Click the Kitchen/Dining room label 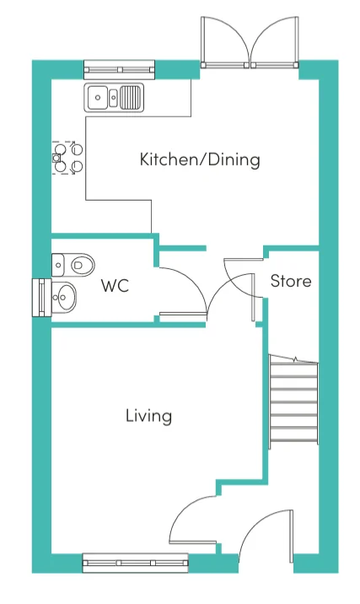(200, 159)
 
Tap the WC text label (115, 286)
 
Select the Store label (291, 281)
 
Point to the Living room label (148, 416)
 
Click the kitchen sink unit (114, 98)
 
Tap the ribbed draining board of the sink (130, 97)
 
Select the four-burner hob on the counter (67, 158)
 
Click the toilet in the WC (73, 265)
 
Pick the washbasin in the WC (64, 297)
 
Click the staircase (293, 402)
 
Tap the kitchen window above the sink (120, 70)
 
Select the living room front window (136, 563)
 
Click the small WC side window (41, 298)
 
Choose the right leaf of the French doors (275, 42)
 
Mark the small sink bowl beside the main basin (113, 97)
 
